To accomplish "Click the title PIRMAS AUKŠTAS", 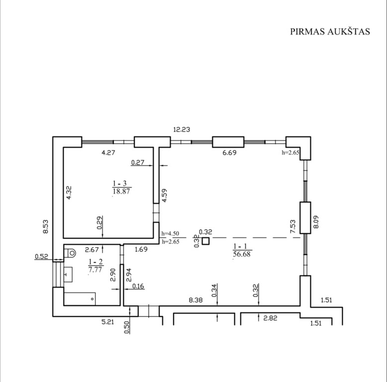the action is coord(330,32).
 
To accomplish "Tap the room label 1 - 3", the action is coord(120,184).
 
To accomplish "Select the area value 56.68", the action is coord(242,254).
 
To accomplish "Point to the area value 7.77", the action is coord(95,270).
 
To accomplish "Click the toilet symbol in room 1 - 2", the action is coord(70,253).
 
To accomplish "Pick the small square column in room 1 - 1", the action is coord(205,241).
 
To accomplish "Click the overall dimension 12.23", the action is coord(182,129).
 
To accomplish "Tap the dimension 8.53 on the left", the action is coord(46,227).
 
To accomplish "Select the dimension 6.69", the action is coord(229,153).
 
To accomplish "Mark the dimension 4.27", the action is coord(108,153).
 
